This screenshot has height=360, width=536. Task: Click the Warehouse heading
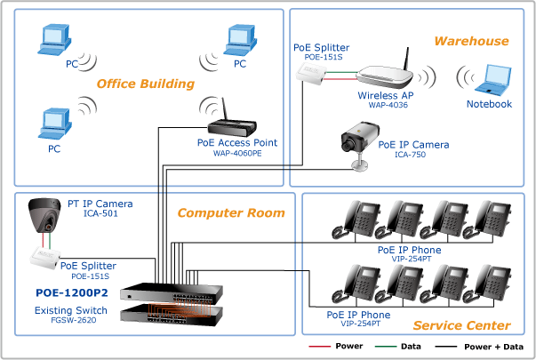(471, 41)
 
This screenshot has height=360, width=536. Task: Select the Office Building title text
(145, 84)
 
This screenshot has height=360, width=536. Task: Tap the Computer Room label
(231, 213)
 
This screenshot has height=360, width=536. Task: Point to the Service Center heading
(461, 325)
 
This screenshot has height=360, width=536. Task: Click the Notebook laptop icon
(493, 80)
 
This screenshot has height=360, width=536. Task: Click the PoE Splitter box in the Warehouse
(311, 72)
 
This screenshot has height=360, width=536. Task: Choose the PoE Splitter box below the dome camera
(45, 257)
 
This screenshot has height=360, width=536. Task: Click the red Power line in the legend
(320, 347)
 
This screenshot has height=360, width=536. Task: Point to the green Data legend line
(386, 347)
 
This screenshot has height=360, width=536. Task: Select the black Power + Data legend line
(445, 347)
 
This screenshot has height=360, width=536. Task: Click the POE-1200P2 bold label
(72, 293)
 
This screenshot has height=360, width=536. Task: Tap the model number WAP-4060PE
(237, 153)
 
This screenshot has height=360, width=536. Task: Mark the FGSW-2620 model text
(74, 320)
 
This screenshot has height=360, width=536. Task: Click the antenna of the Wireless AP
(407, 59)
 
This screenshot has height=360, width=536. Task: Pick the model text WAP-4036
(388, 105)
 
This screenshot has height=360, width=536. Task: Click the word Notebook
(489, 104)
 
